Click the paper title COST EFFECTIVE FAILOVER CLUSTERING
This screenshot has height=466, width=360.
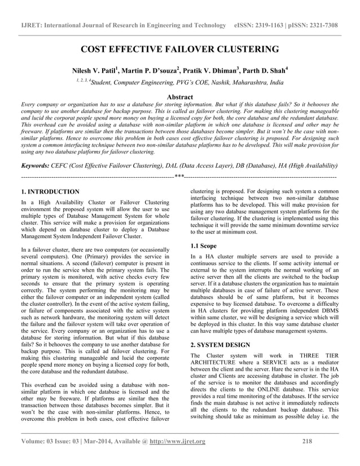point(181,50)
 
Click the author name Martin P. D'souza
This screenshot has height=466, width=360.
point(152,72)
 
